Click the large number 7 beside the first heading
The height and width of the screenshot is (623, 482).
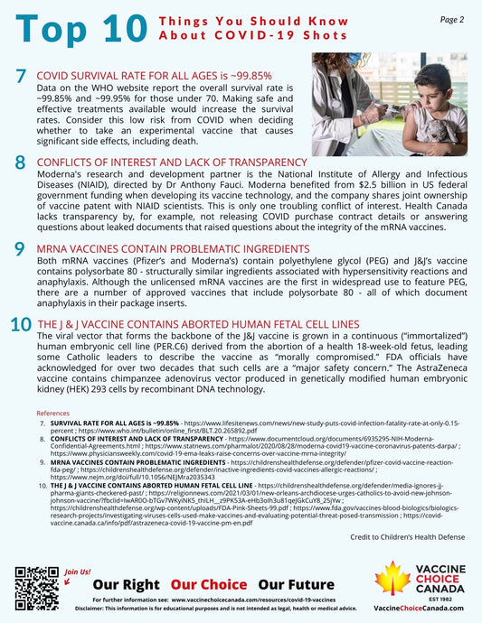(21, 79)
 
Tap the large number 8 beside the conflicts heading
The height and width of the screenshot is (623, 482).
(20, 163)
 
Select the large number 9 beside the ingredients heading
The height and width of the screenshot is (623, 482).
(20, 248)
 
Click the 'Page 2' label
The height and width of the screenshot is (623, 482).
(451, 19)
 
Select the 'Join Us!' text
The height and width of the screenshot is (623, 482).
(79, 572)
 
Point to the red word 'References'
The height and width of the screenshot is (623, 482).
(52, 413)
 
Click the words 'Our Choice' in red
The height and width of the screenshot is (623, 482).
(211, 584)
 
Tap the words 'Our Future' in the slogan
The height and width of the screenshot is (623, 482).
(296, 584)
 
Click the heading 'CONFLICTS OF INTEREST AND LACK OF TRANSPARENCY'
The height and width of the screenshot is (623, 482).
(171, 163)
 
